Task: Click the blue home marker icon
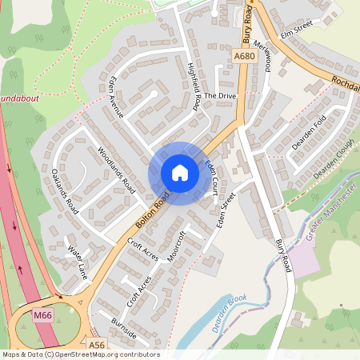pos(179,173)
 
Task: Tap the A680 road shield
pos(245,56)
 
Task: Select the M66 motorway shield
pos(43,316)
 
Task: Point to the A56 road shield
pos(97,345)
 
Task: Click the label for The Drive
pos(220,95)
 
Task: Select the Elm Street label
pos(295,29)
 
